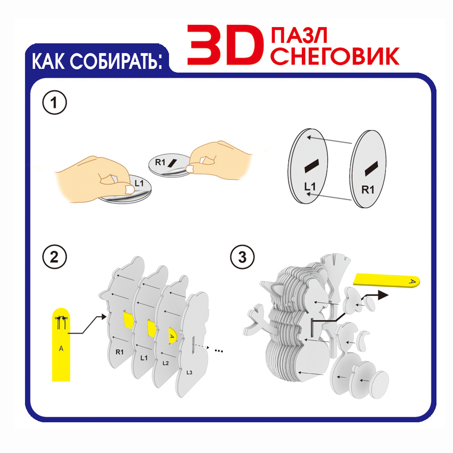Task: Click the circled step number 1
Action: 54,102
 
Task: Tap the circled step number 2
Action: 54,257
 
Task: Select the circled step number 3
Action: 242,257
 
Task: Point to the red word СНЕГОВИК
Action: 335,56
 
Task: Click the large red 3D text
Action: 225,45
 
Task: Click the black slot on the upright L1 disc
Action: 312,165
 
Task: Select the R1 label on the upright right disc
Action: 368,190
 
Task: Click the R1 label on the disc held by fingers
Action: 160,162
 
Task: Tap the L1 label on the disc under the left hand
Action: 139,183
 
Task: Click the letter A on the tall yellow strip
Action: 61,349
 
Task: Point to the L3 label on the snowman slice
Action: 189,372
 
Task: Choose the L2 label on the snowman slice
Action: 165,363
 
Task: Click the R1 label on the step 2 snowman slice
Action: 120,352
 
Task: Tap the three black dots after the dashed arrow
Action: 219,351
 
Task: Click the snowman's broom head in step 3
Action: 336,262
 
